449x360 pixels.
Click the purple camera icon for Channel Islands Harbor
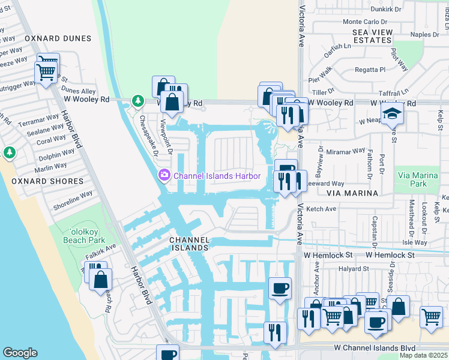163,176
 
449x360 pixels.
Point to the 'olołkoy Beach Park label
79,234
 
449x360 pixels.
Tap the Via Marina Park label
419,179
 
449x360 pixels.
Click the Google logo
20,352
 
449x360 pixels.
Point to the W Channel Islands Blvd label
375,347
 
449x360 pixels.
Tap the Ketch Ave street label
322,209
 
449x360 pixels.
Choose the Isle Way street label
415,242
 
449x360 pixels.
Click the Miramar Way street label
346,151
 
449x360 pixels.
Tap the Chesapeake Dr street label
147,131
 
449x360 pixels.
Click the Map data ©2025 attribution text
423,355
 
